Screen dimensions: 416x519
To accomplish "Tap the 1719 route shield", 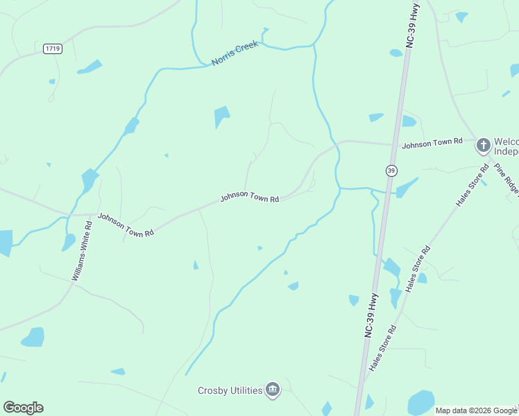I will [x=52, y=49].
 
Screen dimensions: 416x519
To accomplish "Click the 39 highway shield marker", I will [x=392, y=171].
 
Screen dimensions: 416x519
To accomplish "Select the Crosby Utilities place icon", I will [x=273, y=390].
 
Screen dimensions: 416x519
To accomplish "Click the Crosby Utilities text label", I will [x=230, y=390].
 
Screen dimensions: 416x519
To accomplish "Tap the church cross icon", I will [x=484, y=146].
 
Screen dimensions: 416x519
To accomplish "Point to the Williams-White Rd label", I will [x=82, y=251].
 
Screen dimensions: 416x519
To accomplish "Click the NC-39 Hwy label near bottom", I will [x=372, y=315].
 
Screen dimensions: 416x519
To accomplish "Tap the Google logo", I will [x=23, y=408].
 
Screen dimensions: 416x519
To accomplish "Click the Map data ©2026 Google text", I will [x=477, y=410].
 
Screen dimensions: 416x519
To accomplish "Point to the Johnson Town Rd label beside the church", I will [x=432, y=142].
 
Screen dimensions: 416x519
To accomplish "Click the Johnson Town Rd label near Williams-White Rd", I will [x=126, y=225].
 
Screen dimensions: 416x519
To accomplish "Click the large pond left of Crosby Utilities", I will [x=33, y=337].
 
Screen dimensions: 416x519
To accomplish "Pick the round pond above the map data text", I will [x=420, y=402].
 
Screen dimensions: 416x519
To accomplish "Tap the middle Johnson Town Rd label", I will [x=250, y=197].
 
